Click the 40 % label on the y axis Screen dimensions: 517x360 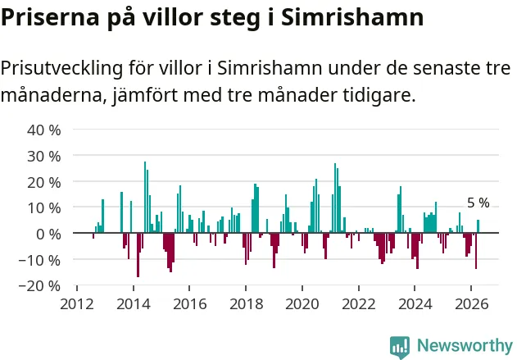point(44,130)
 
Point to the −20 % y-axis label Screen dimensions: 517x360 point(39,285)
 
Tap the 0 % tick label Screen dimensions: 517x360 point(48,235)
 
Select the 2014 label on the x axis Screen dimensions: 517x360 point(134,304)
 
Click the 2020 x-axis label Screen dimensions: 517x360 point(302,304)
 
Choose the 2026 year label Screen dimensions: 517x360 point(471,304)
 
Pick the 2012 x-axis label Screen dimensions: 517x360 point(77,304)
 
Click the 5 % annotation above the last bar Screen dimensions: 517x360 point(478,203)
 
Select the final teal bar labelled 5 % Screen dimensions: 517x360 point(478,226)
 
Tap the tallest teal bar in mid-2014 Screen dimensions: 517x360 point(145,198)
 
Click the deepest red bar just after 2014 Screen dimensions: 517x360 point(138,255)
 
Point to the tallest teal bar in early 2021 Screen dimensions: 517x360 point(335,198)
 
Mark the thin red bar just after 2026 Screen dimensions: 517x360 point(476,251)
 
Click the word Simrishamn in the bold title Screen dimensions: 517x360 point(352,17)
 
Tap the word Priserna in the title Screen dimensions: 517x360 point(50,17)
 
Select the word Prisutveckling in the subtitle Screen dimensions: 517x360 point(61,69)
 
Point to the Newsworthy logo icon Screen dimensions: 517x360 point(400,348)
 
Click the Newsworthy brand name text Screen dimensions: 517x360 point(465,345)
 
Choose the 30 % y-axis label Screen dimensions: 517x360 point(44,157)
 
